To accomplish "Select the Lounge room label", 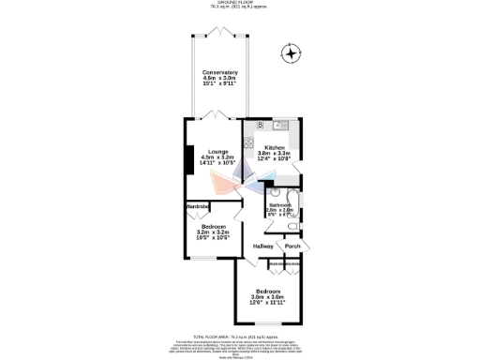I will (x=218, y=152).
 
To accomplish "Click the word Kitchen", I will (x=275, y=148).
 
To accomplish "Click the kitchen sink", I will (x=281, y=126).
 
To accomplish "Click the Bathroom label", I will (x=281, y=204).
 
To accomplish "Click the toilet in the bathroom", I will (x=293, y=227).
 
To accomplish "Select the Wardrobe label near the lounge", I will (x=197, y=205).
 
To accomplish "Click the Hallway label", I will (x=263, y=246).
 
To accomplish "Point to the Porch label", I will (x=292, y=246).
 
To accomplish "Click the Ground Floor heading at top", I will (x=239, y=3).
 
